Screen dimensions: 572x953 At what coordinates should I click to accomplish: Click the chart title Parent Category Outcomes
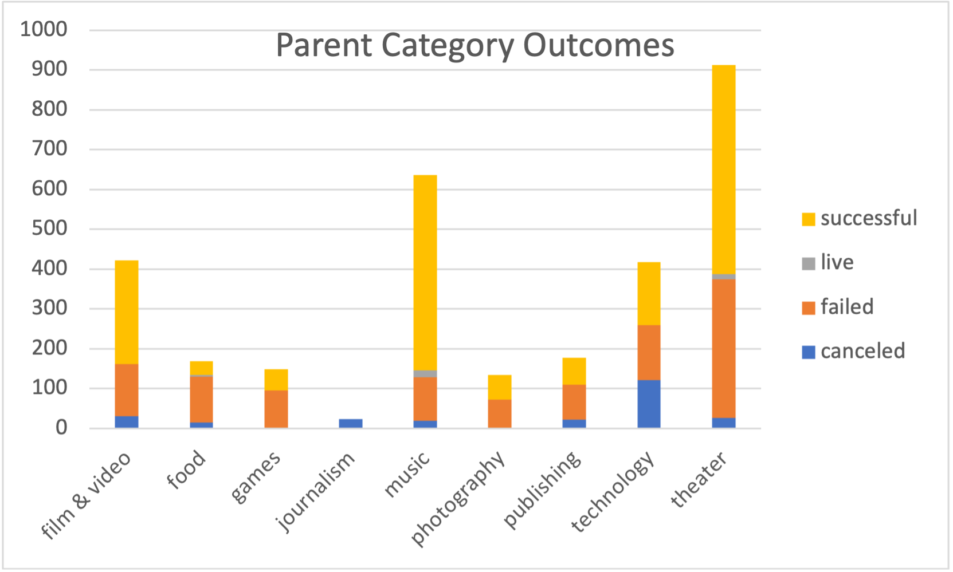[474, 45]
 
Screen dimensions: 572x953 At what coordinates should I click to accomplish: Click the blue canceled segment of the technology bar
[649, 404]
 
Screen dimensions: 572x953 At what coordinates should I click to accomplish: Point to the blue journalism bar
[351, 424]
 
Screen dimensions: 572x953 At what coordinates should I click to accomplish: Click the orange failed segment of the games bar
[276, 409]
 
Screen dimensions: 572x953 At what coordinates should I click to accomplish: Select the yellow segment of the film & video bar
[127, 312]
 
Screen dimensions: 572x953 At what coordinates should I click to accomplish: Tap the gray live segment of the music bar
[425, 374]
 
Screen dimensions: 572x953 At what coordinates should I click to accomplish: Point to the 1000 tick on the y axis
[44, 29]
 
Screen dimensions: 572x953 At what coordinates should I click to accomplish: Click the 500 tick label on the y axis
[49, 228]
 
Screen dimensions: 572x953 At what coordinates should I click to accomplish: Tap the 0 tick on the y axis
[61, 428]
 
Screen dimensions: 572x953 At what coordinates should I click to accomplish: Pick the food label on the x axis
[186, 469]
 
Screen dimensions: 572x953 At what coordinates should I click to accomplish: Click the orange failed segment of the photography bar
[499, 413]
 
